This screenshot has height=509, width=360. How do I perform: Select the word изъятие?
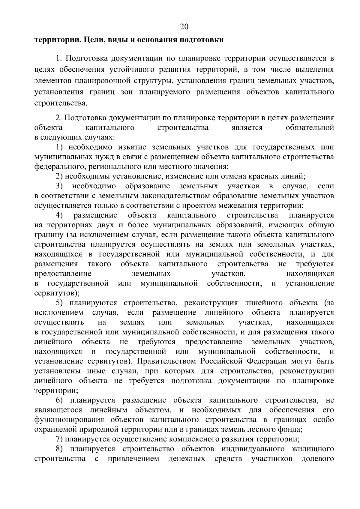pyautogui.click(x=132, y=147)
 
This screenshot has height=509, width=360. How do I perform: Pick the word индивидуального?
pyautogui.click(x=253, y=449)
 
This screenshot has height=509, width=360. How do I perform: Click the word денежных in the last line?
pyautogui.click(x=187, y=459)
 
